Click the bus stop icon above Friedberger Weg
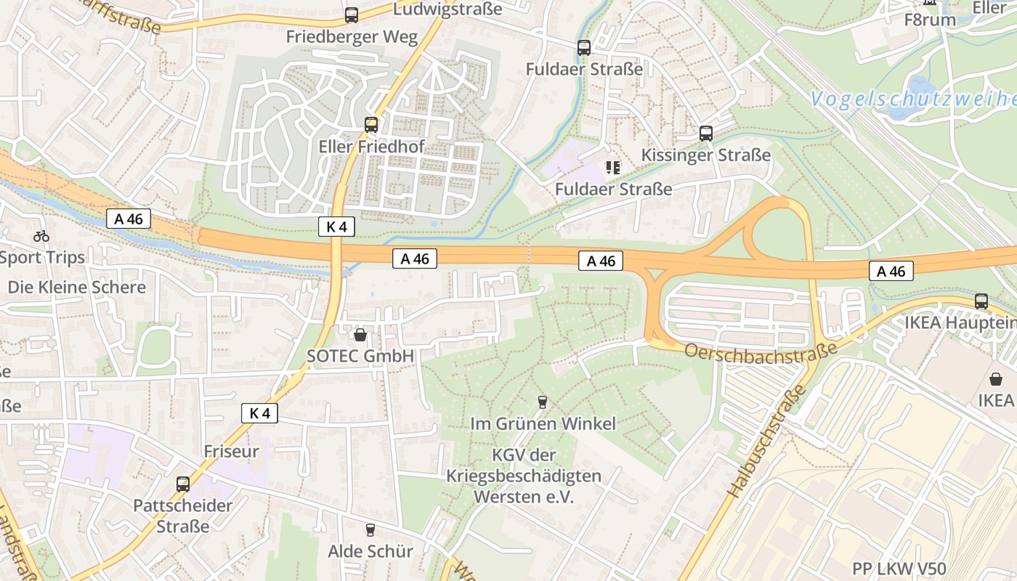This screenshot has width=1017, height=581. (x=352, y=15)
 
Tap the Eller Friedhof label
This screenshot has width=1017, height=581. (x=371, y=147)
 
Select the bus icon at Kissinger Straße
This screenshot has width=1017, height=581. (x=705, y=134)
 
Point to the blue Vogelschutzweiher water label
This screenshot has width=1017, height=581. (x=912, y=99)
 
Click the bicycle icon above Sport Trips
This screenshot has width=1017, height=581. (x=41, y=236)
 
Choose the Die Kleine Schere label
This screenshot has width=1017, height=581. (x=76, y=287)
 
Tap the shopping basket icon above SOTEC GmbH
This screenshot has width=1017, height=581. (x=360, y=335)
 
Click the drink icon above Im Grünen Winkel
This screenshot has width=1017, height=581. (x=542, y=402)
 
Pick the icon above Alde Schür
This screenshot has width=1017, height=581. (x=370, y=530)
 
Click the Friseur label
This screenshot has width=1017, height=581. (x=231, y=451)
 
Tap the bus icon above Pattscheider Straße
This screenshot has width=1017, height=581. (x=183, y=484)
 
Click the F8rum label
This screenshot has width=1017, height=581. (x=930, y=20)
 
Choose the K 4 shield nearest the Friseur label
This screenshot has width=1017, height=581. (x=259, y=413)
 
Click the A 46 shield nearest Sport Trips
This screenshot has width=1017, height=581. (x=129, y=219)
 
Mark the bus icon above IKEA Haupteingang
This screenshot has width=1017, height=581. (x=981, y=301)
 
